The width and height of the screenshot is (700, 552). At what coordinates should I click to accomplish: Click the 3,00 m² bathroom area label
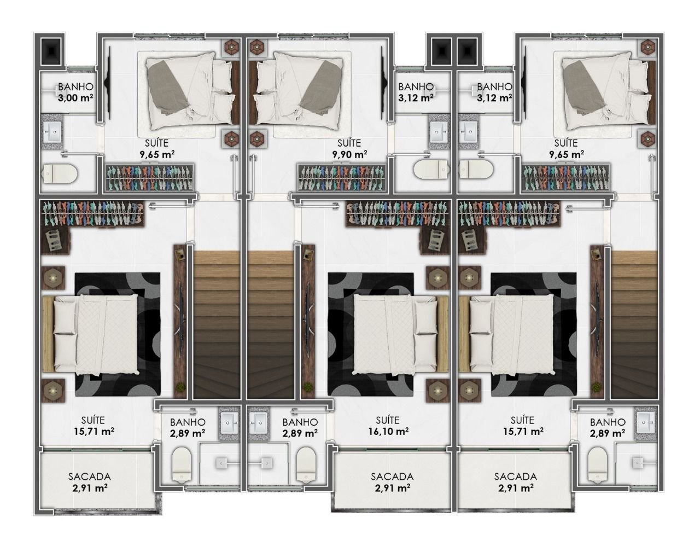click(x=76, y=97)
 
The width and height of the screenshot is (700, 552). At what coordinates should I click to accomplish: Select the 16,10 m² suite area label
click(x=389, y=431)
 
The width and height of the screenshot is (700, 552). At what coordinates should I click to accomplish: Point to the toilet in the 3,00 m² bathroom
click(x=60, y=172)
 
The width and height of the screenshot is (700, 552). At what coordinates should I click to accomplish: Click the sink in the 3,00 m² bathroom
click(x=52, y=132)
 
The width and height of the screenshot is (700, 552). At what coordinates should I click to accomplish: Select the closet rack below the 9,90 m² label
click(x=341, y=178)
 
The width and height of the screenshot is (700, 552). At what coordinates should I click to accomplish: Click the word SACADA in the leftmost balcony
click(x=90, y=477)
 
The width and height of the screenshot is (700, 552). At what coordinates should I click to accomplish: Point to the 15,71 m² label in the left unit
click(x=94, y=431)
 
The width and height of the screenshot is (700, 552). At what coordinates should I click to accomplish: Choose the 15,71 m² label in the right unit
click(x=523, y=431)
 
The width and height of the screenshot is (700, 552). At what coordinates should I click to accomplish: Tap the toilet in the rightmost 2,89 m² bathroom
click(x=598, y=464)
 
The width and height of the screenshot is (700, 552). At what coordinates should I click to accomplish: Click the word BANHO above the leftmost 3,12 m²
click(x=416, y=86)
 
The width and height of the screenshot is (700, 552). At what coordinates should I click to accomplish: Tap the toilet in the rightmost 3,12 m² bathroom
click(x=476, y=169)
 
